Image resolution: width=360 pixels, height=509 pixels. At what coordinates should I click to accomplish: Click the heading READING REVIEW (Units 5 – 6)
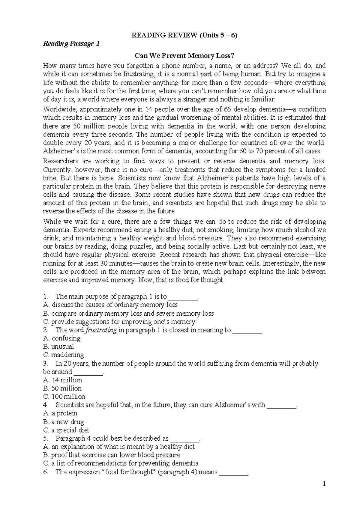[x=184, y=35]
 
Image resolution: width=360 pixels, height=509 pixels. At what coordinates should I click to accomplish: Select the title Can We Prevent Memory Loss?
[x=184, y=56]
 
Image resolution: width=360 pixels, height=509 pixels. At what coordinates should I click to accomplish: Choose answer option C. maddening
[x=63, y=355]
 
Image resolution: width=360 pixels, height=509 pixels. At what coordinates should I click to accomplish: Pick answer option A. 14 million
[x=62, y=380]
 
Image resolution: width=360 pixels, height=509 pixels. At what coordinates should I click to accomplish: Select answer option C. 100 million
[x=64, y=397]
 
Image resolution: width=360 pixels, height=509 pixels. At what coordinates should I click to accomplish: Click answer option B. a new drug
[x=63, y=422]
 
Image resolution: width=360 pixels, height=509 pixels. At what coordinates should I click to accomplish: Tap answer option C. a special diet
[x=66, y=430]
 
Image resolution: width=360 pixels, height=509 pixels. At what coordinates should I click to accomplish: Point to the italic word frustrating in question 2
[x=101, y=330]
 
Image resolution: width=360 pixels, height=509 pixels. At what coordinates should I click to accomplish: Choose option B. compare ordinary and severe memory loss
[x=128, y=314]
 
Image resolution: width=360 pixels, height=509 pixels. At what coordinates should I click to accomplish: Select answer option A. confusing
[x=61, y=338]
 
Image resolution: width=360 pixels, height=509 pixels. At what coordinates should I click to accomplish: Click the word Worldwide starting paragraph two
[x=58, y=109]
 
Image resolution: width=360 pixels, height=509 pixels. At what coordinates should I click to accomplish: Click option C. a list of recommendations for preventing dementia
[x=121, y=463]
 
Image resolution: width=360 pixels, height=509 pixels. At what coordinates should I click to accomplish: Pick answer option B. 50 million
[x=62, y=388]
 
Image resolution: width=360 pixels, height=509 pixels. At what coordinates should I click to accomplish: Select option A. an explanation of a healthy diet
[x=119, y=447]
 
